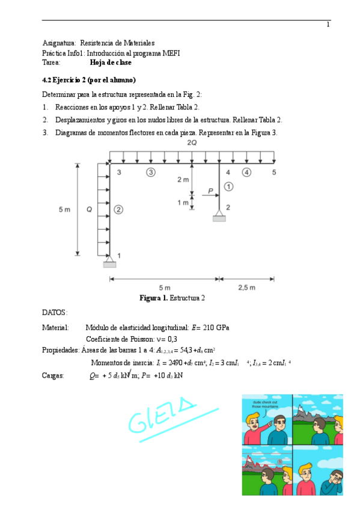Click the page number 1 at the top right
coord(328,25)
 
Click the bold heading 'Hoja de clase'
coord(111,62)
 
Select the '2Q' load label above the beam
coord(192,143)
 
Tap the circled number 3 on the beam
coord(151,173)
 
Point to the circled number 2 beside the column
coord(118,209)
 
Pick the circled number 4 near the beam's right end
coord(246,173)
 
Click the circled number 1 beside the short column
coord(228,187)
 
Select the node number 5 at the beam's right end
coord(273,173)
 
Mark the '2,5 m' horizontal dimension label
coord(246,287)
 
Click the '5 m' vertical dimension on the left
coord(64,209)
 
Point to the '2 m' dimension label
coord(183,180)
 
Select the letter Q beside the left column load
coord(88,209)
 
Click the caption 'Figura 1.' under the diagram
coord(153,298)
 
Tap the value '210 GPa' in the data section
coord(216,328)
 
